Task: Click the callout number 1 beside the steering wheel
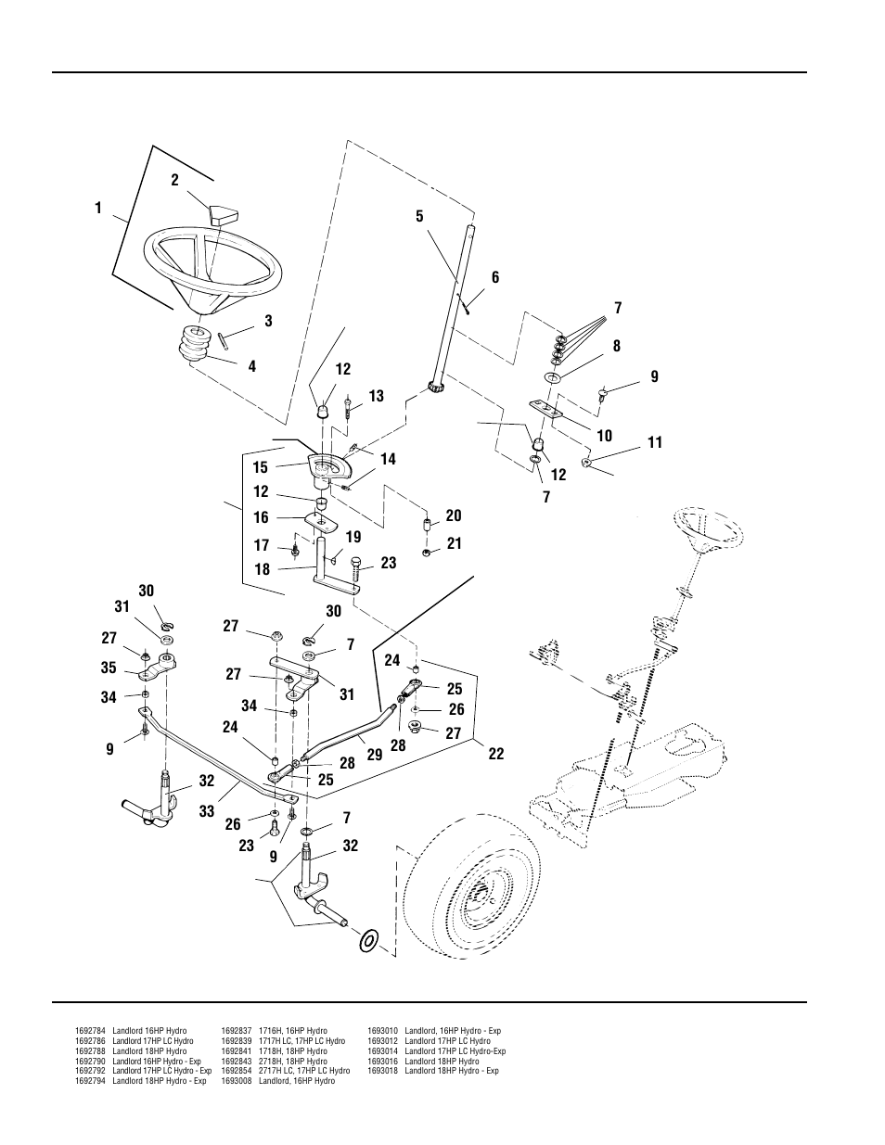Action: click(98, 209)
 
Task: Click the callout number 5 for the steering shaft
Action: click(419, 216)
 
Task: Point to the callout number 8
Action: click(616, 346)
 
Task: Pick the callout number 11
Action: click(655, 442)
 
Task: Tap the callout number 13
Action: click(376, 396)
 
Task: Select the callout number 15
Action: click(260, 467)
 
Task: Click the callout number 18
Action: click(262, 569)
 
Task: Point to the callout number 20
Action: click(454, 515)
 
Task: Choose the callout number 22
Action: click(496, 754)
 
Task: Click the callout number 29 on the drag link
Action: click(375, 756)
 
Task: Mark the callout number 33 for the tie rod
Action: click(206, 811)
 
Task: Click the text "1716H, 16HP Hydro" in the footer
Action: click(292, 1031)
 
